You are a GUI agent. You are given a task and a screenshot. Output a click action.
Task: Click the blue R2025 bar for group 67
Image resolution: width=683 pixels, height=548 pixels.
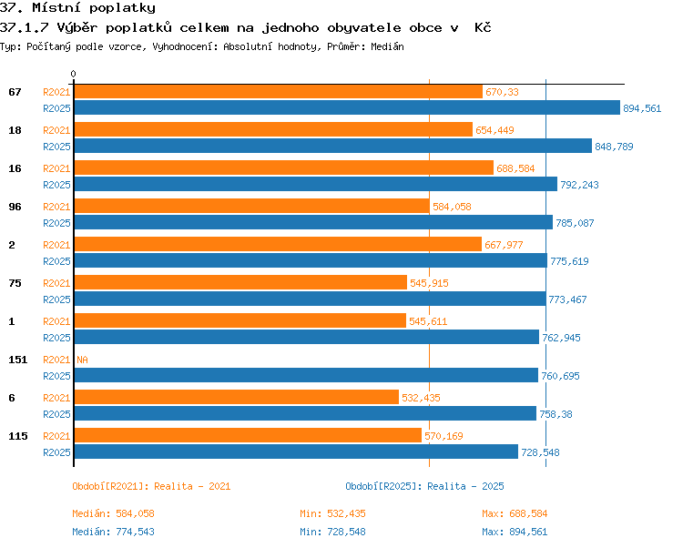pos(347,107)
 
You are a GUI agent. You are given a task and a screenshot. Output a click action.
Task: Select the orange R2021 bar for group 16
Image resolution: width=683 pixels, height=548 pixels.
pos(284,167)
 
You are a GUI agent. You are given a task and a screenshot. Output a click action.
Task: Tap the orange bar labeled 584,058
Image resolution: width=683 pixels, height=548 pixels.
pos(252,206)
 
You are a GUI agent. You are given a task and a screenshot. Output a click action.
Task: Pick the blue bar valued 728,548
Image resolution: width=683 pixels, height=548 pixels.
pos(296,452)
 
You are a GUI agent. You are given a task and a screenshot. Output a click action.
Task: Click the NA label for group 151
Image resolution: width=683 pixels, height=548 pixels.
pos(82,360)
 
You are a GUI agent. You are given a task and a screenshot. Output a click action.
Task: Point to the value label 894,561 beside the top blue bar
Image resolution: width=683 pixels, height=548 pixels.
pos(642,108)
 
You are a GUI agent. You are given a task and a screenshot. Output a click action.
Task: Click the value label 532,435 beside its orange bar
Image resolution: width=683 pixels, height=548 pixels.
pos(421,398)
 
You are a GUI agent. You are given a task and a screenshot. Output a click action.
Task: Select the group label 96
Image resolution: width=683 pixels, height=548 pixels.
pos(15,207)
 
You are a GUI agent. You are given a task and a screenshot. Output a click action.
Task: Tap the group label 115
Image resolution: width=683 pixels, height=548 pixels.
pos(18,436)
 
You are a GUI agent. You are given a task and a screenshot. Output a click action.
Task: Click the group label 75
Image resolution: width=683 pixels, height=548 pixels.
pos(15,283)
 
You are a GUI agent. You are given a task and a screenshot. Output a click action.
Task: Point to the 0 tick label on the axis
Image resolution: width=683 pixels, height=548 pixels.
pos(73,74)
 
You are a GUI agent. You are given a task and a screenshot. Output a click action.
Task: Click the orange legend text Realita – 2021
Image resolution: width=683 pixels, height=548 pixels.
pos(192,486)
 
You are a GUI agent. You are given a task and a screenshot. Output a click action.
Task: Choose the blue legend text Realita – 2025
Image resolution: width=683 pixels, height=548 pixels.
pos(465,486)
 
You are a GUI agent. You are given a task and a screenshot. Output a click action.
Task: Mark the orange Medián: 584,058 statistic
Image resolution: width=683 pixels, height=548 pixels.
pos(113,513)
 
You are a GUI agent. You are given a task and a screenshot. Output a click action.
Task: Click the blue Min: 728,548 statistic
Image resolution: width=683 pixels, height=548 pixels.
pos(332,532)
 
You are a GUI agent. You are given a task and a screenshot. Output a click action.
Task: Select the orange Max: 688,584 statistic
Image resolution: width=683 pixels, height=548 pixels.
pos(515,513)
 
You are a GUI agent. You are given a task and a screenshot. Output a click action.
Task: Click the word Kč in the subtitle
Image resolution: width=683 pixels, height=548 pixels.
pos(483,27)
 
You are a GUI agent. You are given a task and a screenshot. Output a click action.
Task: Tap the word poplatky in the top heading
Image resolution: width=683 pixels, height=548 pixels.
pos(128,8)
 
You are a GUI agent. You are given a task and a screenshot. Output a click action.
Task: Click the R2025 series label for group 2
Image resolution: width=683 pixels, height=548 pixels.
pos(56,261)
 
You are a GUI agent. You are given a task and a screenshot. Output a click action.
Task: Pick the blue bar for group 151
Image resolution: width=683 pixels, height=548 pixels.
pos(306,375)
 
